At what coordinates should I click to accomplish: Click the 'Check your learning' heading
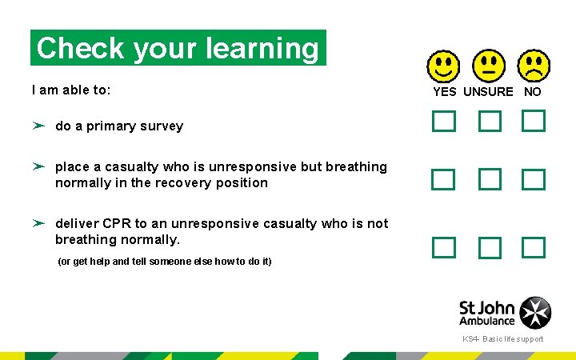(178, 48)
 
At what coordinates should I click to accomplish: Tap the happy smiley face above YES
(443, 67)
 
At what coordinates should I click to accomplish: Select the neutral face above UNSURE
(489, 67)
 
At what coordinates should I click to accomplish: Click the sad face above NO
(534, 67)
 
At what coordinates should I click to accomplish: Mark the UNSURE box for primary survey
(490, 122)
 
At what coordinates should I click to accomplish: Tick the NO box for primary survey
(534, 122)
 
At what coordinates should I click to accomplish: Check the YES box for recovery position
(443, 179)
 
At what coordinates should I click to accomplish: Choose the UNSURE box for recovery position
(490, 179)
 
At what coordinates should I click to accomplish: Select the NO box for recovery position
(534, 179)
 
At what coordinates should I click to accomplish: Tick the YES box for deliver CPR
(443, 247)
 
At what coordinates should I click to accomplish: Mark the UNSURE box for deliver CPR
(490, 248)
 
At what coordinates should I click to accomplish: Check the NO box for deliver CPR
(534, 247)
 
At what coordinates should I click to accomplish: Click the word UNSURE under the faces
(488, 92)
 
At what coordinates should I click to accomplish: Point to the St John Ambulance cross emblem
(535, 313)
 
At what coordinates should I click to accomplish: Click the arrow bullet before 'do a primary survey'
(38, 126)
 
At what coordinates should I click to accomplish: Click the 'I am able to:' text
(71, 90)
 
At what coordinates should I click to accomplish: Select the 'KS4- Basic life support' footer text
(502, 339)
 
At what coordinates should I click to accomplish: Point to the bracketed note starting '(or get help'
(165, 262)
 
